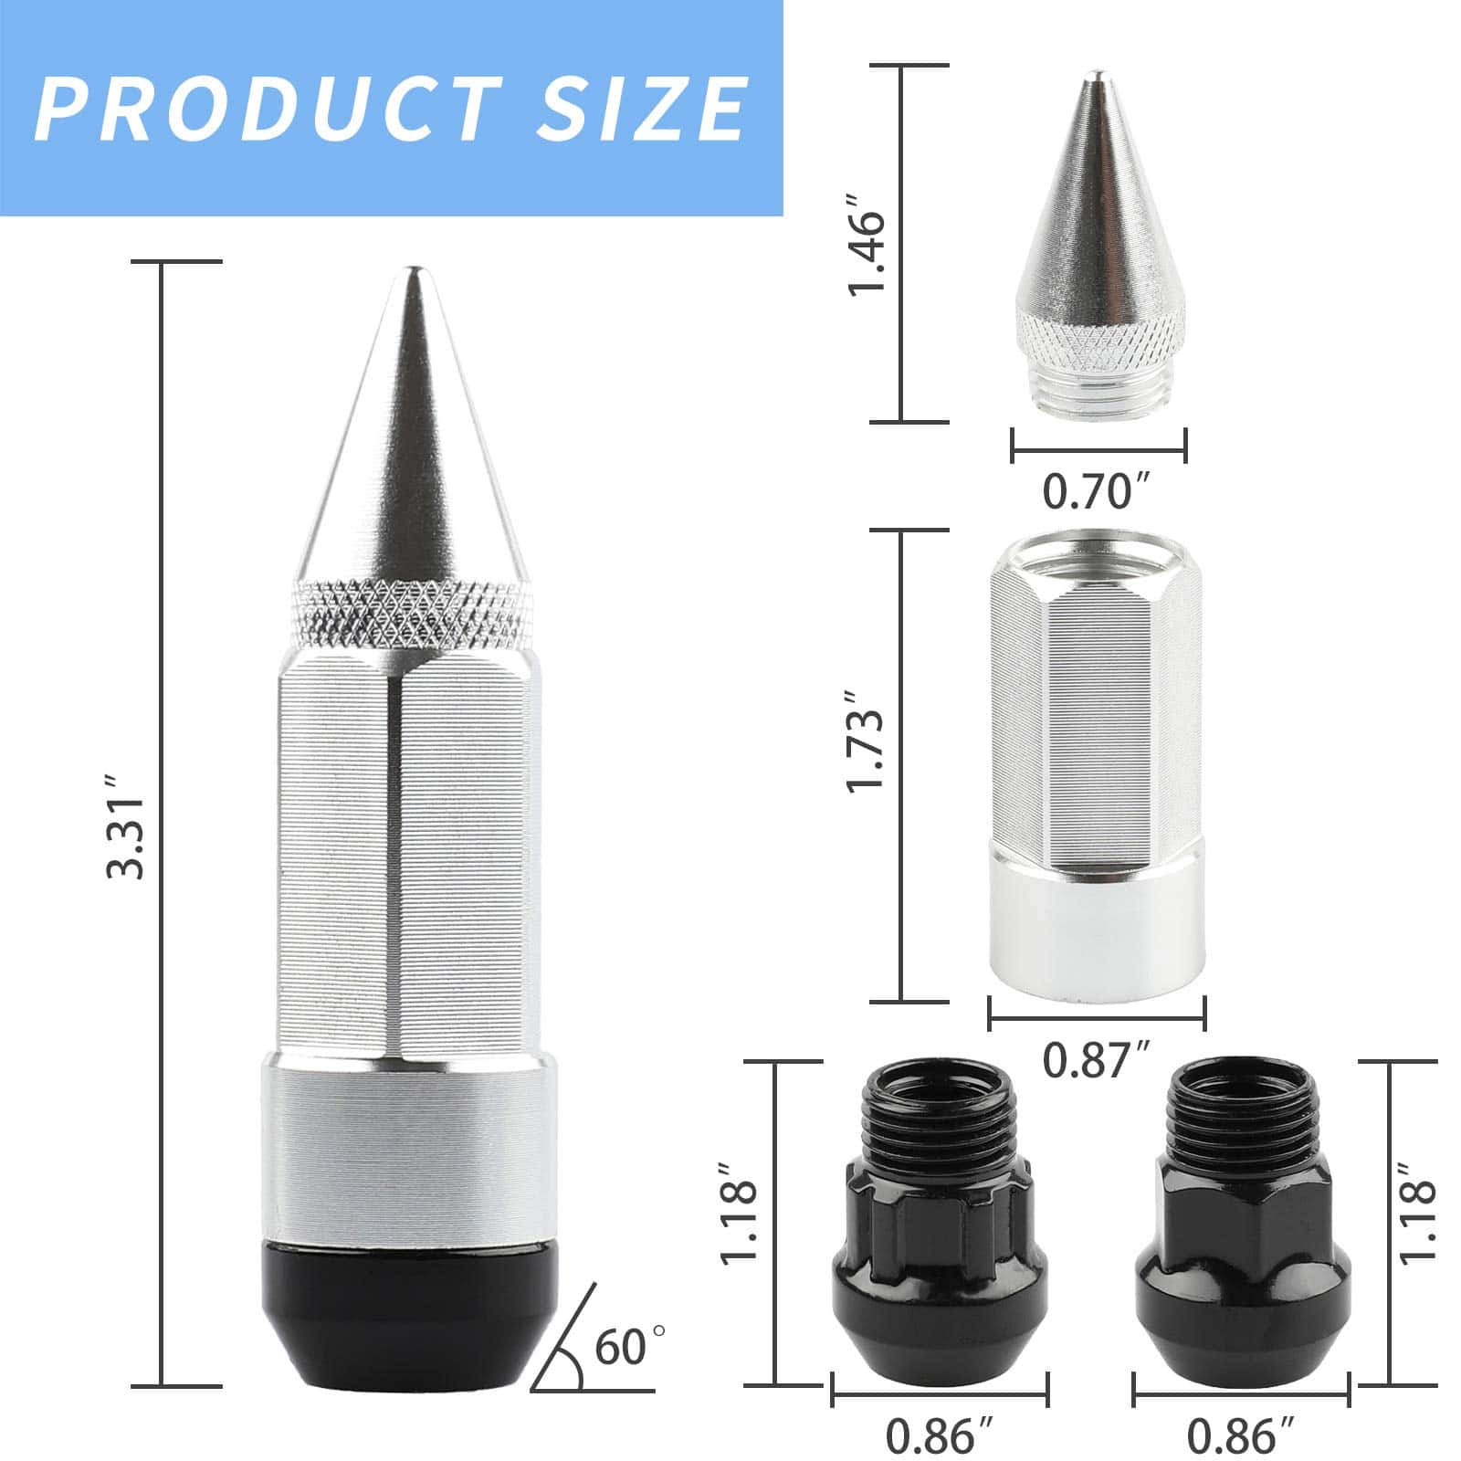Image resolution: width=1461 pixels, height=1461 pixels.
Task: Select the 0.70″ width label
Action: coord(1099,493)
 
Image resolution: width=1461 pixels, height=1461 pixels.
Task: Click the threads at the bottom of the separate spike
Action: coord(1099,387)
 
